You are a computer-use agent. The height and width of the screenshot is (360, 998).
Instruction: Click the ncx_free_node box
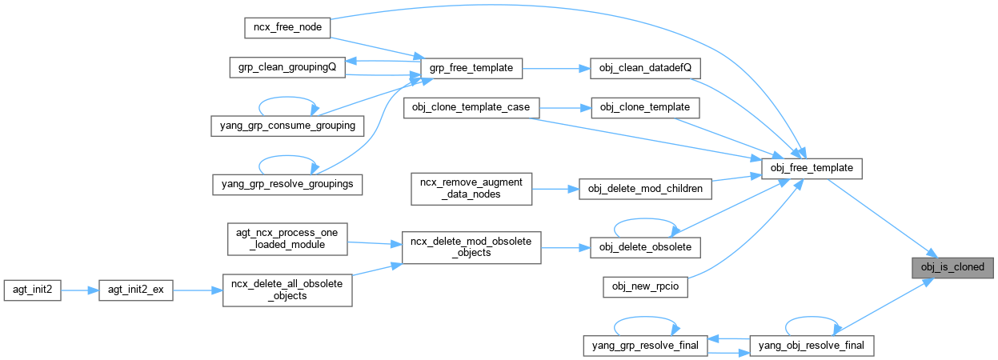[287, 27]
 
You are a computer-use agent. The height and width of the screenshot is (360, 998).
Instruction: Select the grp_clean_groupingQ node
[287, 67]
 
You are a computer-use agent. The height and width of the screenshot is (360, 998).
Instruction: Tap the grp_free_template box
[471, 68]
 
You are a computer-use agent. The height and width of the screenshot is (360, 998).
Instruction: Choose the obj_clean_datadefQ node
[644, 68]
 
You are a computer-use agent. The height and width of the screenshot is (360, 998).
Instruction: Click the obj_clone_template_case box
[471, 108]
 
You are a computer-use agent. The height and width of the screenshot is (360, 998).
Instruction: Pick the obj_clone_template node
[644, 108]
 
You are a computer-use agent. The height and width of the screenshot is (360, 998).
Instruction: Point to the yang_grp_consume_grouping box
[287, 126]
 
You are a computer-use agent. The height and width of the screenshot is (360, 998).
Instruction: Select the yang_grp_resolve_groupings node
[287, 183]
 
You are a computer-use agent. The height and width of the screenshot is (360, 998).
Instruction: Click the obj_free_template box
[812, 169]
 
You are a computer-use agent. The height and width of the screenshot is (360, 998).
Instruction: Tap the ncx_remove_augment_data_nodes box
[471, 189]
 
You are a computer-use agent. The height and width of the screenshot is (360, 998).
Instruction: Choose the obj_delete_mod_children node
[644, 189]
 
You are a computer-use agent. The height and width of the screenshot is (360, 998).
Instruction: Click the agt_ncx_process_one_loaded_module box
[287, 238]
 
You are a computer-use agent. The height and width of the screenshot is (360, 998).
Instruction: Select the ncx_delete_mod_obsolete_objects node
[471, 247]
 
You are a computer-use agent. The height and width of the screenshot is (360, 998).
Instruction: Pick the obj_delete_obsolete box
[644, 247]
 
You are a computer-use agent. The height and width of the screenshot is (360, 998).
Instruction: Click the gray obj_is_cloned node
[952, 267]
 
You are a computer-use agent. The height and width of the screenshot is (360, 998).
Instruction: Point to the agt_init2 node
[32, 290]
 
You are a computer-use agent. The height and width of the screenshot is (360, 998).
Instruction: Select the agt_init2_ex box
[135, 290]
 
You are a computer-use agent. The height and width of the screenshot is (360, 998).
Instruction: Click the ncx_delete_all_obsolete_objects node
[287, 290]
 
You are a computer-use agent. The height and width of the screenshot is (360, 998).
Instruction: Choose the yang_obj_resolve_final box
[812, 346]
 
